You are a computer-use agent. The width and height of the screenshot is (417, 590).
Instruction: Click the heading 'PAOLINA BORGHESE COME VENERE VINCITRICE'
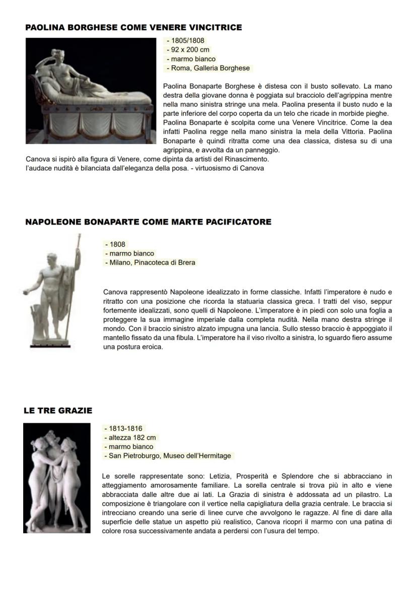tap(133, 27)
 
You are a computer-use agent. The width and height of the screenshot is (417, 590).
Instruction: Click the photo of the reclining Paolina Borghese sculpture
tap(91, 91)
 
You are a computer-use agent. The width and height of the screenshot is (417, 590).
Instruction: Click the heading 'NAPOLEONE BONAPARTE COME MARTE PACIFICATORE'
tap(148, 222)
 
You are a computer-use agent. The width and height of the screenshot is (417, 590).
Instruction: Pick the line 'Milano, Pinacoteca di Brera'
tap(150, 263)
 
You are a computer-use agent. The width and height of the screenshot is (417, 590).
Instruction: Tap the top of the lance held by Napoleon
tap(79, 236)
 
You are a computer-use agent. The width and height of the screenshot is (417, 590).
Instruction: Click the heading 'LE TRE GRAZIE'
tap(58, 411)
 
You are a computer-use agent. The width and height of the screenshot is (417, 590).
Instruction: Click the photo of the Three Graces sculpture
tap(57, 478)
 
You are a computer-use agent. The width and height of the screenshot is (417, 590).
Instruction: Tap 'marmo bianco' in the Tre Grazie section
tap(130, 447)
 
